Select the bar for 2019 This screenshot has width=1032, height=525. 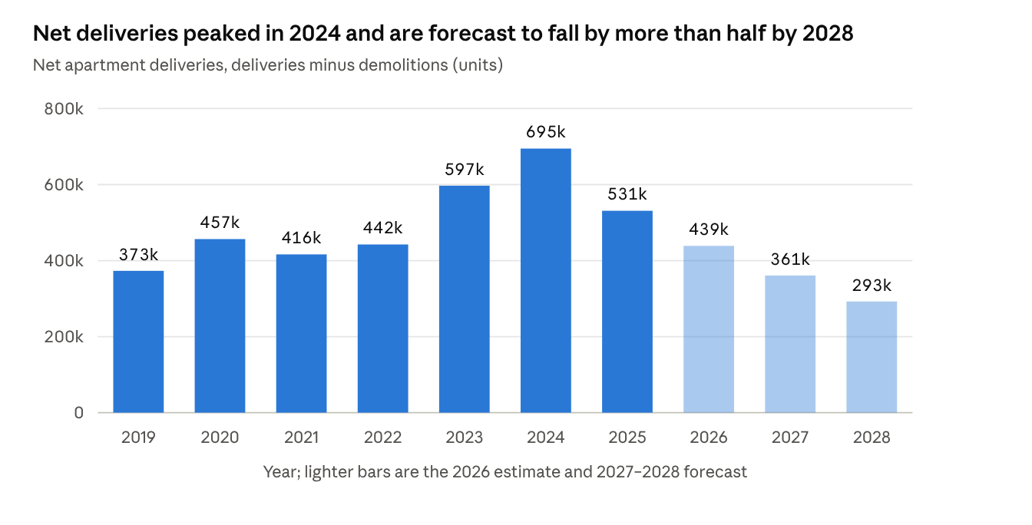click(138, 342)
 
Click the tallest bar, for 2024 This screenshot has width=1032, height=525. click(545, 280)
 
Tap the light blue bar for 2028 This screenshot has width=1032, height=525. click(872, 357)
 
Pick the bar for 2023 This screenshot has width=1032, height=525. click(464, 299)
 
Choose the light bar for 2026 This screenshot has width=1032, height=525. click(709, 329)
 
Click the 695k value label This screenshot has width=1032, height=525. click(545, 132)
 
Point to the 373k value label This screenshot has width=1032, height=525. click(138, 255)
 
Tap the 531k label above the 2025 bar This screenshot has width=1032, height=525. click(627, 194)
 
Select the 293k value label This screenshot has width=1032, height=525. click(872, 286)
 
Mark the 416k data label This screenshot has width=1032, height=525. click(301, 238)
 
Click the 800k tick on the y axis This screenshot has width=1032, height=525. click(64, 109)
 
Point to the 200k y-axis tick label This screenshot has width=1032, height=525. click(64, 337)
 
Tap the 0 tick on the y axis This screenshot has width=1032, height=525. click(79, 413)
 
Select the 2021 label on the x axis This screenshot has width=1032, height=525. click(301, 438)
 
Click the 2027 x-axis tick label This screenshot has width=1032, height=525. click(790, 438)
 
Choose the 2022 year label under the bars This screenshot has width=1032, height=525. click(383, 438)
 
